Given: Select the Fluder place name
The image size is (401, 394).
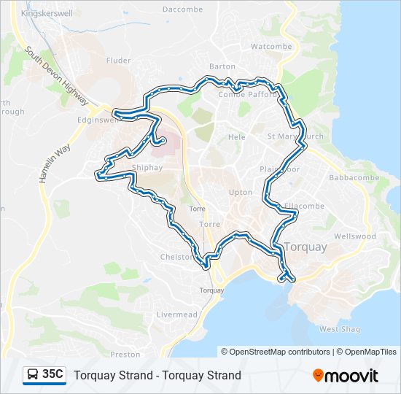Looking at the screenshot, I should click(x=119, y=61).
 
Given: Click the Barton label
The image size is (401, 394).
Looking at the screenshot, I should click(x=222, y=66).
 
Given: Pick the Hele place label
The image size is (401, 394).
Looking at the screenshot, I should click(x=236, y=136).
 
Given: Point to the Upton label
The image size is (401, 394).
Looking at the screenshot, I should click(x=241, y=193).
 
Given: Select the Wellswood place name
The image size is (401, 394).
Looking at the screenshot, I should click(x=354, y=236).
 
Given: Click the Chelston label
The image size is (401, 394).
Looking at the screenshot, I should click(x=177, y=257).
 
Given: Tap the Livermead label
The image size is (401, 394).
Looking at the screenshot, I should click(x=176, y=314).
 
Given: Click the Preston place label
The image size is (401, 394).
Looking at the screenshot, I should click(x=125, y=355).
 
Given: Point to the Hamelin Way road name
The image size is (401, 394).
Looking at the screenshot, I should click(x=55, y=167).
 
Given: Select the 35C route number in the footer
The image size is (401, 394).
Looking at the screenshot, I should click(x=52, y=375).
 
